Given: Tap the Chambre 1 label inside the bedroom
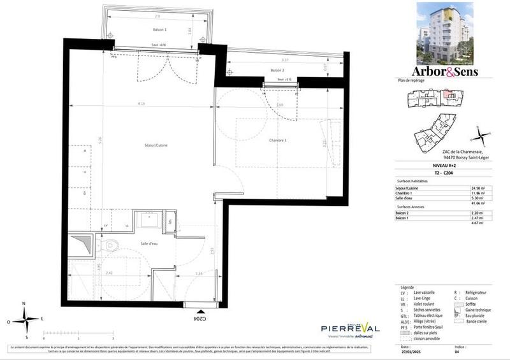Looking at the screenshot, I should coord(277,140).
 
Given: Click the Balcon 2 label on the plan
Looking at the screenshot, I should coord(277,70).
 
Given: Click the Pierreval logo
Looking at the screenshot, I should coord(350,327).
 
